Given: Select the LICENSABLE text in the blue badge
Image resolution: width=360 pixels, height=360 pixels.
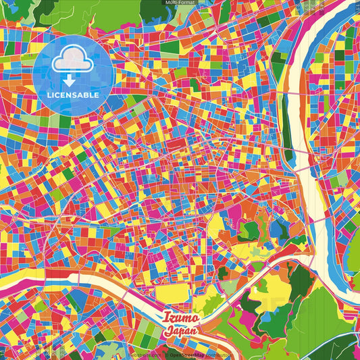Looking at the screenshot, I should [73, 95].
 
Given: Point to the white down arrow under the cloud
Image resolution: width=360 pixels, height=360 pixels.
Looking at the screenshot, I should [73, 79].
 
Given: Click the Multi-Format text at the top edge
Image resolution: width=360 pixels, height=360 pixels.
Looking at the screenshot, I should [180, 3].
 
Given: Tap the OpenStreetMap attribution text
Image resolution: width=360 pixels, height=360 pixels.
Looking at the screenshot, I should [193, 353].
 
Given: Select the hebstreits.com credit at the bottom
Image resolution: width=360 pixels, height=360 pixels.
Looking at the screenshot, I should [145, 353].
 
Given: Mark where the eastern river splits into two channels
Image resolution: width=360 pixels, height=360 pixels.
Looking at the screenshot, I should [317, 155].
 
